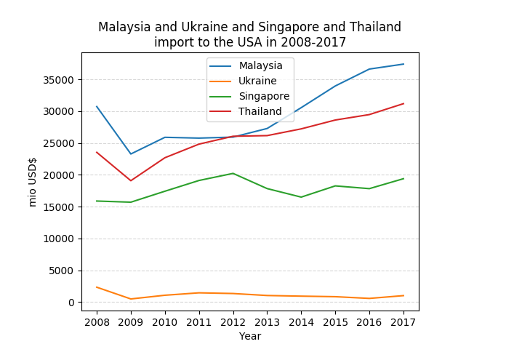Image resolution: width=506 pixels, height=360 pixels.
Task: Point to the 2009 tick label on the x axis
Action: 131,321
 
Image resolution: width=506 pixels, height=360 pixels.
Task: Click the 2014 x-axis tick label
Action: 301,321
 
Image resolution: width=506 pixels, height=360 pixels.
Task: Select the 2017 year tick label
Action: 403,321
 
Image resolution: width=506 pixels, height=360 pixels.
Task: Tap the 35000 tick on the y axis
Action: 60,80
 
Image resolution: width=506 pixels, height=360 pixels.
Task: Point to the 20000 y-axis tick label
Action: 60,175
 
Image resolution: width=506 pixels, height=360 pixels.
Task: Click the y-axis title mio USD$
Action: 33,182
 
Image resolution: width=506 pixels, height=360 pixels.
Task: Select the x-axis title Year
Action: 250,336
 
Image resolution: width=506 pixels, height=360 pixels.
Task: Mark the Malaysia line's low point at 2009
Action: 131,154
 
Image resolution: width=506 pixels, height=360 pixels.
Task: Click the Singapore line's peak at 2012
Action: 233,173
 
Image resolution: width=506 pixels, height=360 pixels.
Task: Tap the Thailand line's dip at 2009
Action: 131,180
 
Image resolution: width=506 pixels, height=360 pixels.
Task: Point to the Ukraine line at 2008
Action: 97,287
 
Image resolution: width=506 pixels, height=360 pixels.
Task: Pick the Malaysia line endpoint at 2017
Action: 403,64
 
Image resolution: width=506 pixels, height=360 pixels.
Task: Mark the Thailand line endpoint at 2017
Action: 403,103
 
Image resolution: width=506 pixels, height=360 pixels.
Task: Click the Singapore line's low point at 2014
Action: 301,197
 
